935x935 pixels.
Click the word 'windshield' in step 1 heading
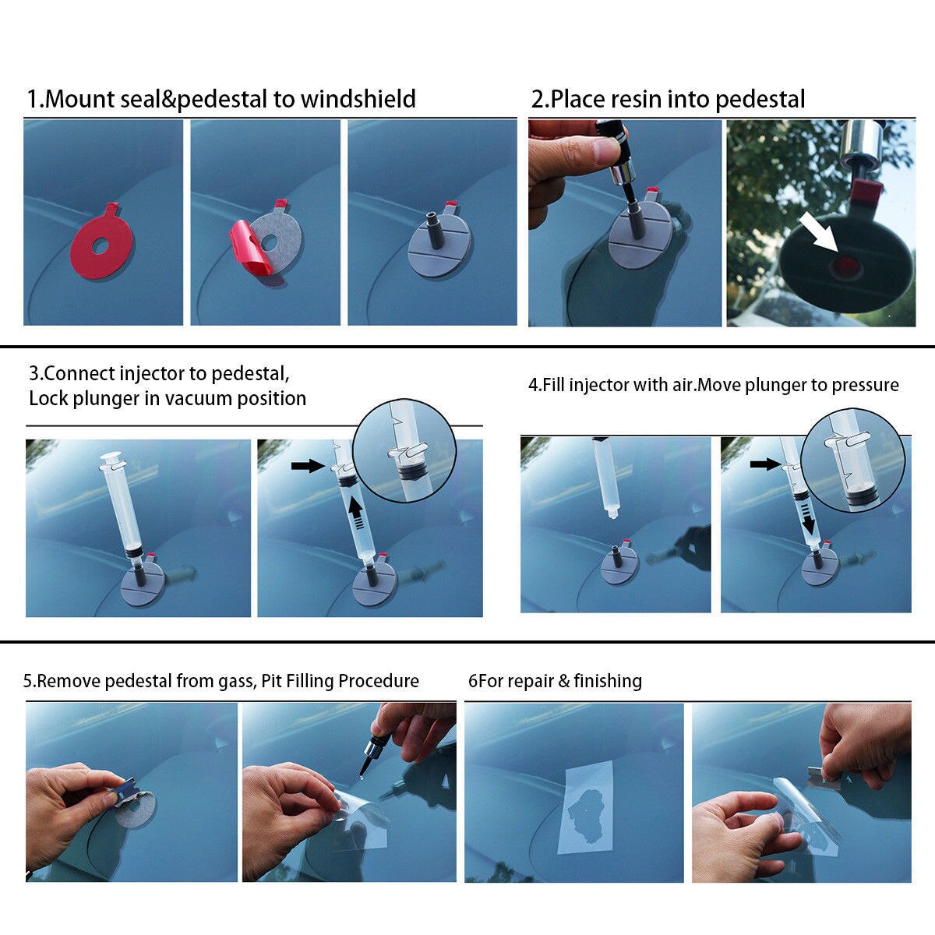358,100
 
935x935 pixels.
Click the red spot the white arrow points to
844,268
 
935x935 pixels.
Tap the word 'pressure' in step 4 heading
865,385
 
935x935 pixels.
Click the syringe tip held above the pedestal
612,513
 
